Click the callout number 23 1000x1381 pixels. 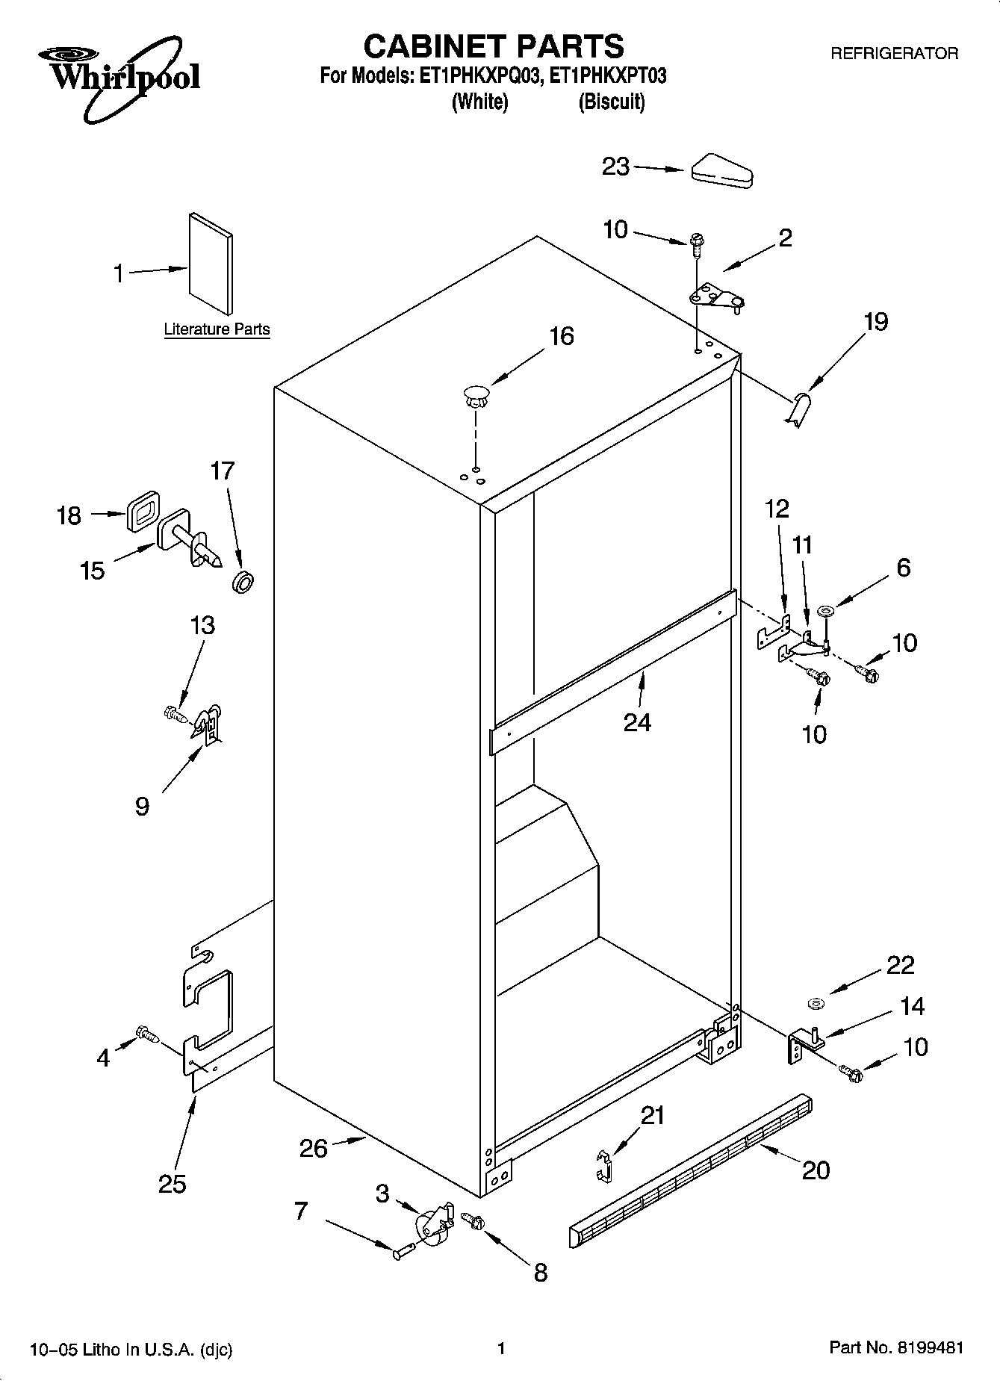pos(616,167)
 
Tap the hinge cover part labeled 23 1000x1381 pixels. pos(722,172)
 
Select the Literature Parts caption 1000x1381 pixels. pos(217,329)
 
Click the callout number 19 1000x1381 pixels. pos(876,322)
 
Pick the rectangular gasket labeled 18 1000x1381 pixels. pos(143,511)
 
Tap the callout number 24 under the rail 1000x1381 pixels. pos(637,722)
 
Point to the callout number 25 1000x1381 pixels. pos(172,1184)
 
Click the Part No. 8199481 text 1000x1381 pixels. pos(895,1349)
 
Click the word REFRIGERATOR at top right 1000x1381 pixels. pos(894,54)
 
